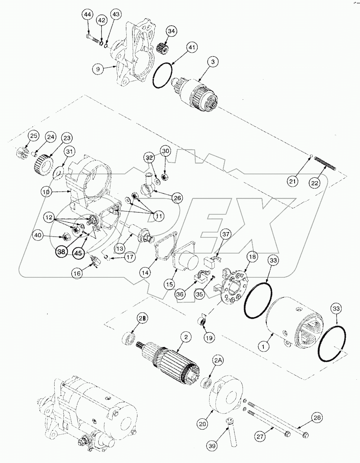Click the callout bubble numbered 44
click(88, 15)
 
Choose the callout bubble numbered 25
click(33, 136)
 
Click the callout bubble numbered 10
click(46, 192)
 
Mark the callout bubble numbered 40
click(38, 235)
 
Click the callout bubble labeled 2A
click(218, 360)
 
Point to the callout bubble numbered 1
click(264, 347)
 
